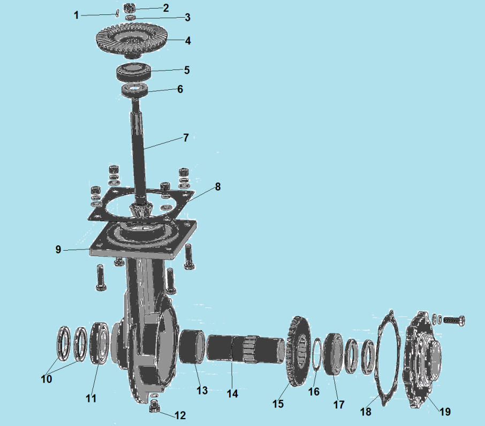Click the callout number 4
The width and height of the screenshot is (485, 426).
(188, 41)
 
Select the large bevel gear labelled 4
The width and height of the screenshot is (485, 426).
(132, 42)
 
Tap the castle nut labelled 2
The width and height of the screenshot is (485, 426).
(130, 7)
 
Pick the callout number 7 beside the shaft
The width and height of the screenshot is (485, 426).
(186, 137)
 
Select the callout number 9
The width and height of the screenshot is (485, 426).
(58, 249)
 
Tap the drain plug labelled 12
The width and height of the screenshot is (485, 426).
(154, 406)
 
